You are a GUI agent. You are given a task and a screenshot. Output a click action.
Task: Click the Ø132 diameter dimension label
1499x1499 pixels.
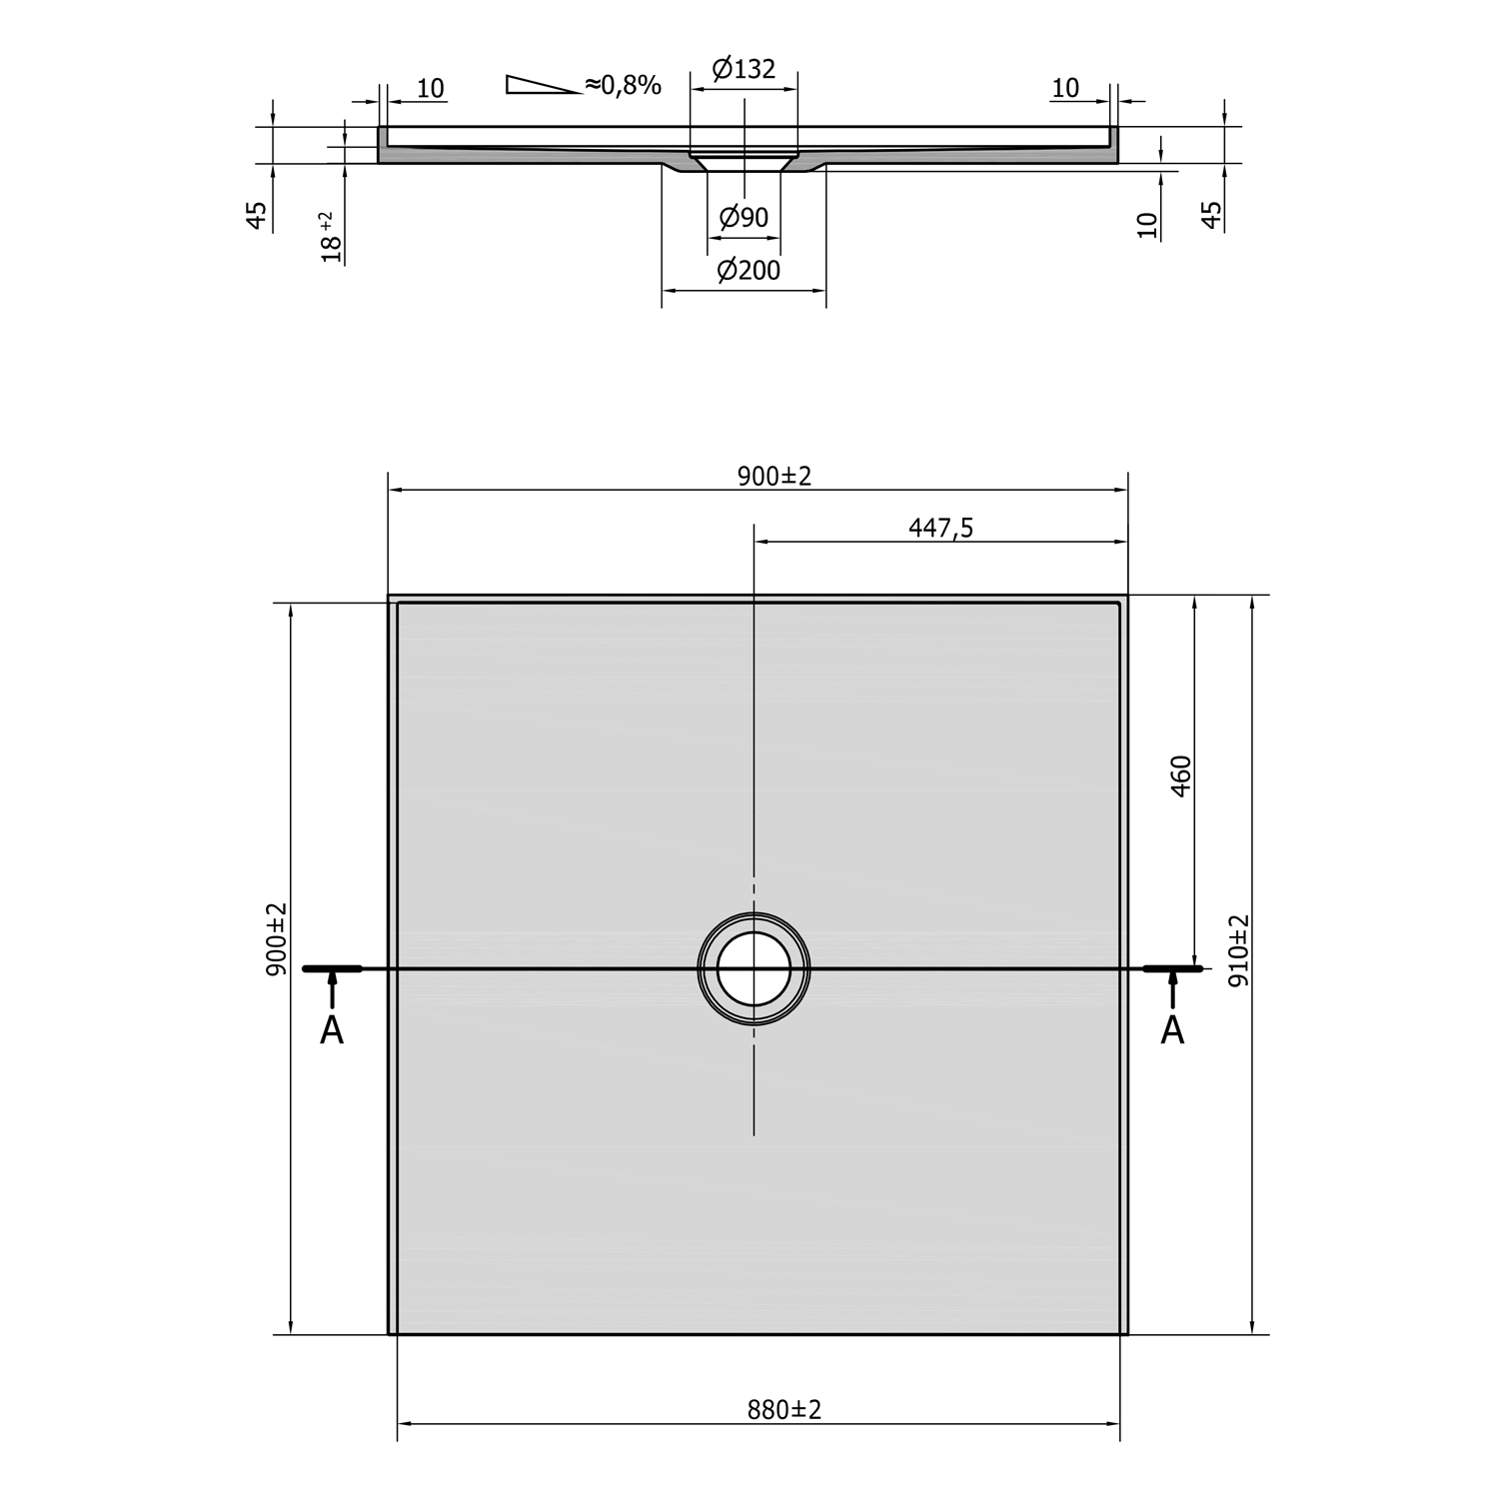(744, 69)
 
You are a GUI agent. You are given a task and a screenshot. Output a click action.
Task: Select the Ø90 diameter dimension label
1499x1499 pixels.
(744, 217)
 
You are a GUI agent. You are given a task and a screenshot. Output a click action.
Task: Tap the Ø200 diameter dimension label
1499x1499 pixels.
(749, 270)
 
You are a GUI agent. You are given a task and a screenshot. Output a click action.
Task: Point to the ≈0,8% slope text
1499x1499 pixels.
(623, 85)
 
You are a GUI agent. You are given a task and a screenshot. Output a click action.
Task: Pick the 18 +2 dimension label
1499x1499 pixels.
(331, 237)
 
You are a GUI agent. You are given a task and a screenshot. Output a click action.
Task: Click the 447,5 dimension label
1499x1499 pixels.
(940, 528)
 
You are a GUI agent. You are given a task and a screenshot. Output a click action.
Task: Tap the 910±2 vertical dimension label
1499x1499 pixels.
(1238, 950)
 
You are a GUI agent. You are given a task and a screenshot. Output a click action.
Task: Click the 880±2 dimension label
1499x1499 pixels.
(783, 1410)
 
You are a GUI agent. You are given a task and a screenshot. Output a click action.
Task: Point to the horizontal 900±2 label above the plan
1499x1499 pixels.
(774, 476)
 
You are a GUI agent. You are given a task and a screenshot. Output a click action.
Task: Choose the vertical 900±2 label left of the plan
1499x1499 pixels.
(276, 938)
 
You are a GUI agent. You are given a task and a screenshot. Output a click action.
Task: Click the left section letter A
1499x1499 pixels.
(332, 1030)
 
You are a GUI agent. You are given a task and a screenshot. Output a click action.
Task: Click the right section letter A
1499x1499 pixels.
(1172, 1030)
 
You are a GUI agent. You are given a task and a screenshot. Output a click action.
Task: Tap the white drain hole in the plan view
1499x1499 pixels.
(753, 968)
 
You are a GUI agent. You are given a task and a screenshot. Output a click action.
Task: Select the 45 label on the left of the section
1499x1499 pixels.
(257, 215)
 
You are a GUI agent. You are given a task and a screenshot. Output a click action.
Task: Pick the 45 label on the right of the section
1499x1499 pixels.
(1211, 215)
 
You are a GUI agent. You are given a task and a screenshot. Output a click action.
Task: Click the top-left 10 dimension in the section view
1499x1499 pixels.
(430, 89)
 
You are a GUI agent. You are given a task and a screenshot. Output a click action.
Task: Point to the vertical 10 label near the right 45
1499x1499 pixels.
(1147, 225)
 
